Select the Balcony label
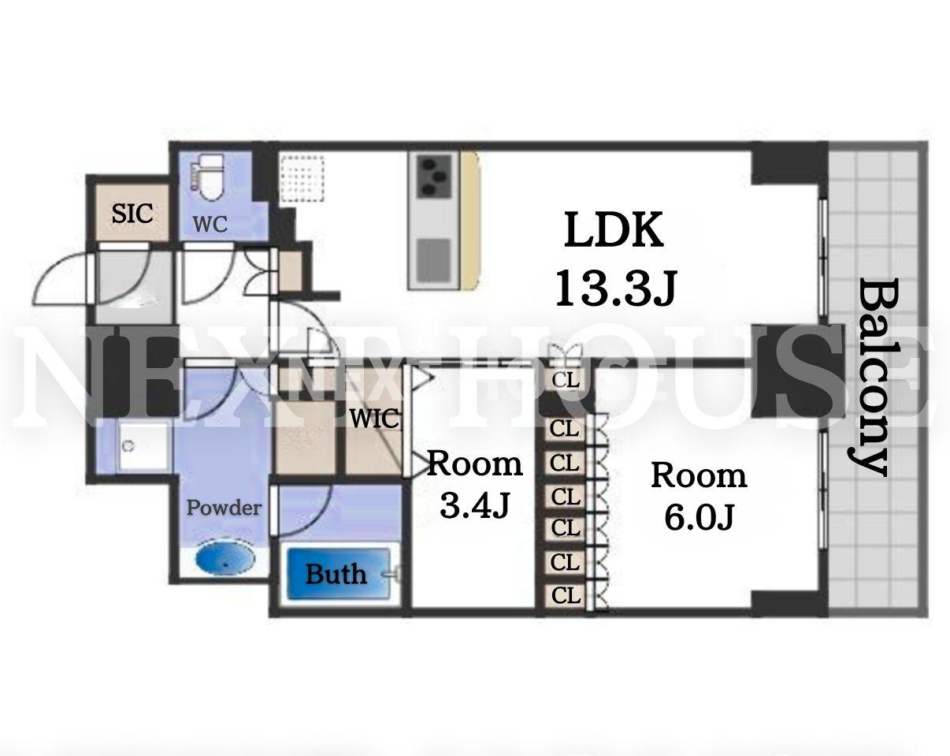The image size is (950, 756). click(868, 377)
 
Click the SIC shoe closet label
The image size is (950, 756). click(132, 213)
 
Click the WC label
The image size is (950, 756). click(210, 224)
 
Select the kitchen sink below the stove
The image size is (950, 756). click(434, 260)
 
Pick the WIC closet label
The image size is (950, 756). click(374, 418)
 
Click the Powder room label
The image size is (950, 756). click(224, 508)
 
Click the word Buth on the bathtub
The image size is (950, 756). click(336, 574)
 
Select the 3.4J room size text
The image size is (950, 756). click(475, 505)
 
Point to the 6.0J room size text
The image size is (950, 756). click(700, 517)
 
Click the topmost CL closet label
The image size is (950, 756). click(566, 380)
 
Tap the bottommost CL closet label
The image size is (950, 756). click(566, 596)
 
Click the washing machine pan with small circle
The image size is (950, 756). click(142, 447)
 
